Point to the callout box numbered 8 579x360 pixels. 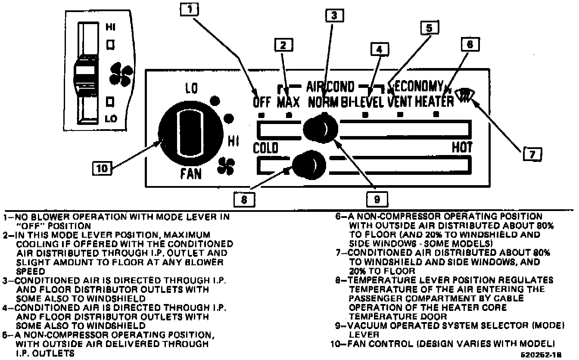(244, 199)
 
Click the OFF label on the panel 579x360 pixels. (261, 102)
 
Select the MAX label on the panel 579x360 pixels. (288, 102)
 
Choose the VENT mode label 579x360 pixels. (400, 102)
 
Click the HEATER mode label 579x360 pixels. (434, 102)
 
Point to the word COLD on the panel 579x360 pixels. (265, 148)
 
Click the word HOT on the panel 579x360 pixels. (461, 147)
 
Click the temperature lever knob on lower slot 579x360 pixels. (307, 164)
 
